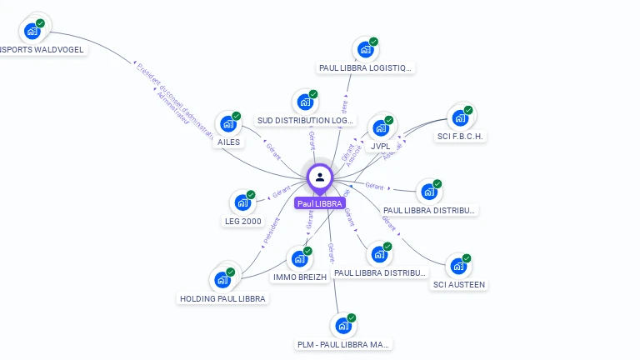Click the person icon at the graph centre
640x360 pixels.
pos(320,177)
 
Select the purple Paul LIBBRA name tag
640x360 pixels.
pos(320,203)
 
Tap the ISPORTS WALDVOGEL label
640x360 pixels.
pos(42,49)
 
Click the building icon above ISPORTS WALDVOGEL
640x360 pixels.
pos(32,32)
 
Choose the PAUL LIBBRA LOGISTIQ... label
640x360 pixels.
pos(365,67)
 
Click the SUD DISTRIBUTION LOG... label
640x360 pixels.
pos(305,121)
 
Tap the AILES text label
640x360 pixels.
pos(228,142)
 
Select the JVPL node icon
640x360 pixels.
pos(381,128)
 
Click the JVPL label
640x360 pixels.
pos(381,147)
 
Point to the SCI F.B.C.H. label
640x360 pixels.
pos(460,137)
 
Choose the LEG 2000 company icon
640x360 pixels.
pos(242,202)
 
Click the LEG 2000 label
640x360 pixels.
pos(242,221)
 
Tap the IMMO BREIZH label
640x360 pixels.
pos(294,277)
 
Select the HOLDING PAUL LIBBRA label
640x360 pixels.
pos(222,298)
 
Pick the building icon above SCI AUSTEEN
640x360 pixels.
pos(457,267)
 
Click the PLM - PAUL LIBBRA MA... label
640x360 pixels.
pos(343,344)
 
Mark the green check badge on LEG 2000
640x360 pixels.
pos(251,195)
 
